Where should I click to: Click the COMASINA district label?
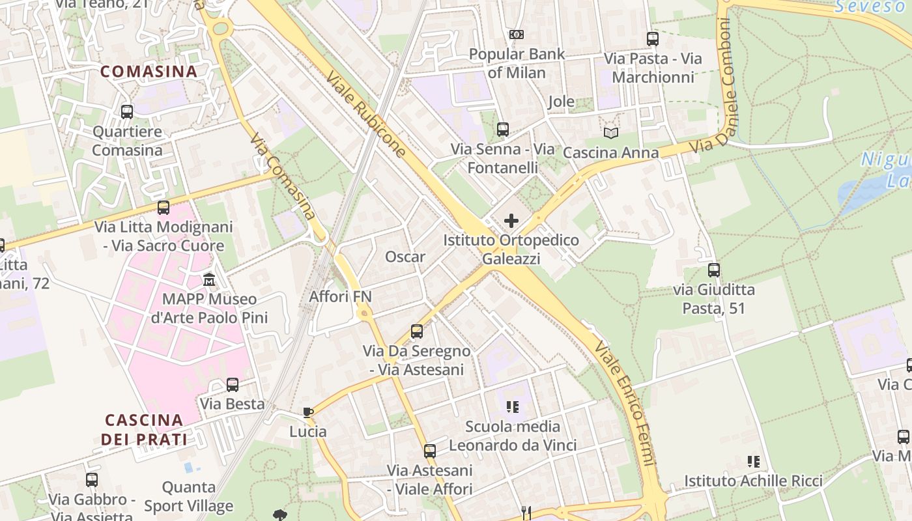click(149, 72)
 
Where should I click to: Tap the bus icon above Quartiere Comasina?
click(127, 111)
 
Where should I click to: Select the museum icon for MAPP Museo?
click(209, 279)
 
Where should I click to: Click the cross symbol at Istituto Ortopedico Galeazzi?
click(511, 221)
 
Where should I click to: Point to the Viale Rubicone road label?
click(367, 115)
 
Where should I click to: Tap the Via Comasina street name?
click(283, 177)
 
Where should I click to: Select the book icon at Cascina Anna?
click(610, 134)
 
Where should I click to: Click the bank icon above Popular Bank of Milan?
click(517, 34)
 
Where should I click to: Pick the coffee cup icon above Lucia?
click(308, 412)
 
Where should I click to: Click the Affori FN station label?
click(340, 297)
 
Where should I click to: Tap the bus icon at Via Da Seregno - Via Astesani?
click(417, 331)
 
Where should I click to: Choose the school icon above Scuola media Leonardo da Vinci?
click(513, 407)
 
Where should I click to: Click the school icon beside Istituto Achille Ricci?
click(754, 462)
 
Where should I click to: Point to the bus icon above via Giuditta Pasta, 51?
click(714, 270)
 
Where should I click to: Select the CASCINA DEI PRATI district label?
click(144, 429)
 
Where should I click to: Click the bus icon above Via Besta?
click(233, 385)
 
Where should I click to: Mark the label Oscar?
click(405, 257)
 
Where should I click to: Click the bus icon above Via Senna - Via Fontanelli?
click(503, 130)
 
